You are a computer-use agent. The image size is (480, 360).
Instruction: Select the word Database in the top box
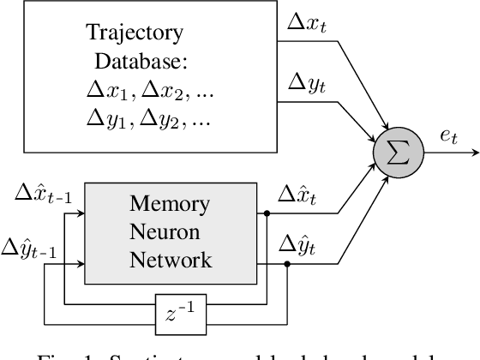pyautogui.click(x=130, y=63)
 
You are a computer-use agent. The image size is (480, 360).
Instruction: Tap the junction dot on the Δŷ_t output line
pyautogui.click(x=286, y=264)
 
